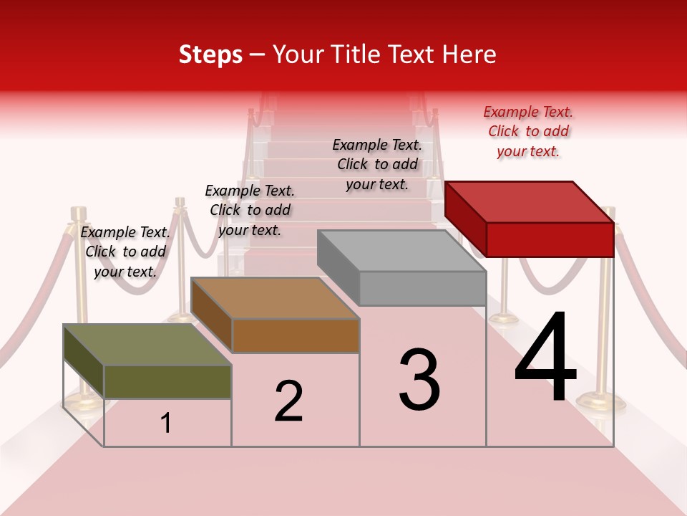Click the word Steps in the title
tap(210, 54)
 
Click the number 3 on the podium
tap(419, 380)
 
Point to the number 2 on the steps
tap(288, 401)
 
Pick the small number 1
tap(166, 424)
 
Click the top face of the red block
tap(530, 201)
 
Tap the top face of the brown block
tap(275, 298)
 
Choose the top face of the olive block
tap(147, 345)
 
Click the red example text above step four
tap(528, 131)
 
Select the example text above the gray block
tap(377, 164)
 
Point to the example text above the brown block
tap(250, 210)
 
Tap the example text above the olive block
tap(125, 252)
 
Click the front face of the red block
tap(550, 239)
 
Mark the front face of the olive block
tap(167, 381)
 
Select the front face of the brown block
tap(295, 335)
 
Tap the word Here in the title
tap(469, 54)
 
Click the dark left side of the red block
tap(465, 219)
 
